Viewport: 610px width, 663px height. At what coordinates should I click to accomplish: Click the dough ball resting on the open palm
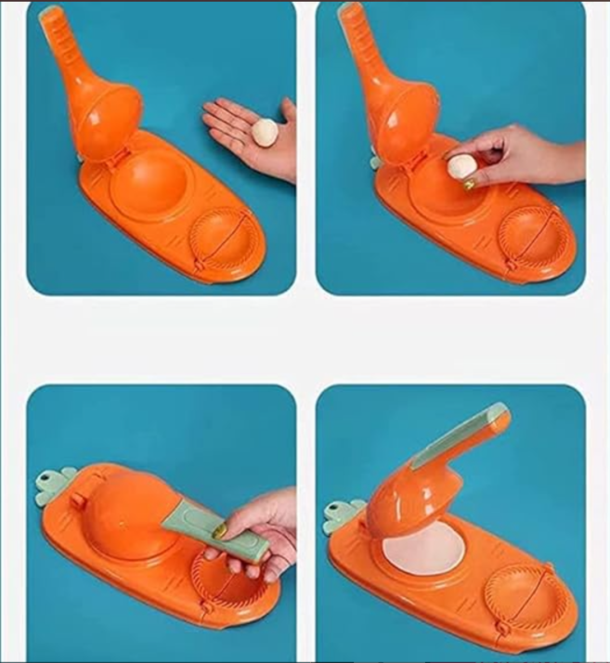pos(264,133)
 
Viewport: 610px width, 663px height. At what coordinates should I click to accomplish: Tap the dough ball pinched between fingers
pos(461,167)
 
